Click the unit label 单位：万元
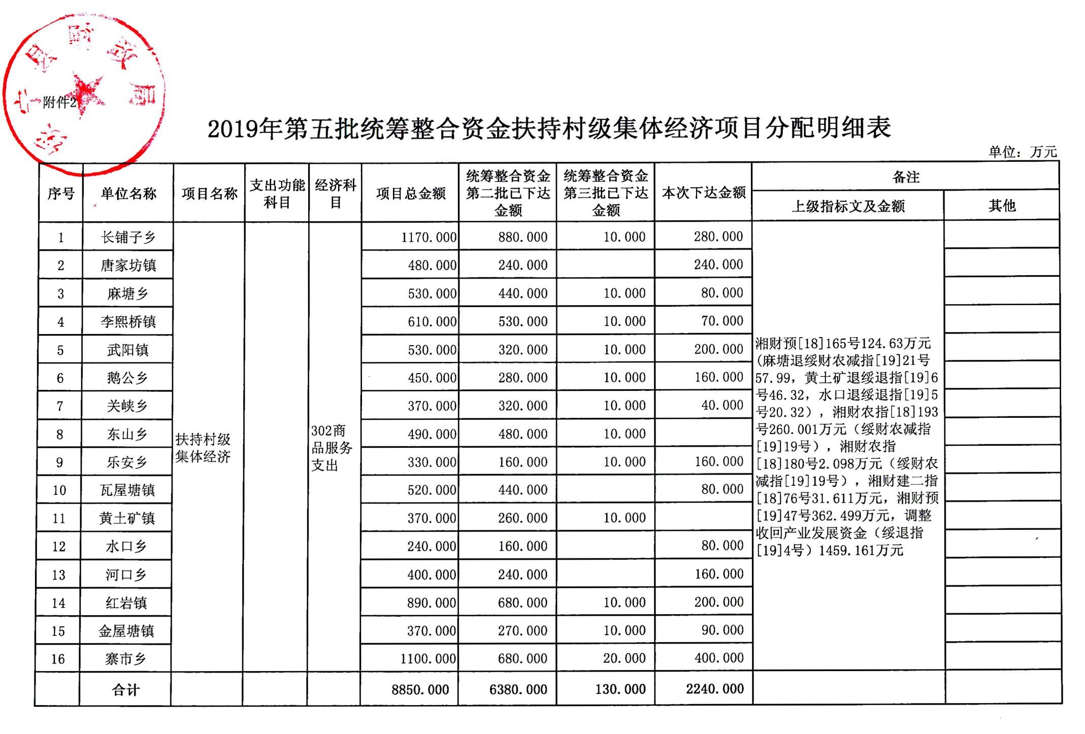click(x=1022, y=152)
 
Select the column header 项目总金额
click(x=410, y=193)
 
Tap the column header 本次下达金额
click(x=703, y=193)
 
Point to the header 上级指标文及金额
click(x=848, y=206)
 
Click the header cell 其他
click(x=1002, y=206)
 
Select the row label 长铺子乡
click(x=128, y=237)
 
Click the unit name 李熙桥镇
click(x=128, y=322)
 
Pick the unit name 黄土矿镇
click(x=127, y=518)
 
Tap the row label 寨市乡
click(x=125, y=659)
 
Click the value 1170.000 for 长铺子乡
click(x=429, y=237)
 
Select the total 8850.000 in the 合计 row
click(x=420, y=689)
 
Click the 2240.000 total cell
click(x=714, y=689)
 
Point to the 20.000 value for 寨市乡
click(x=624, y=658)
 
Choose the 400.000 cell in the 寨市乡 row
click(x=718, y=658)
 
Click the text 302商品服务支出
click(x=332, y=448)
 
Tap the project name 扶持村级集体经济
click(x=203, y=448)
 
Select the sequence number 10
click(x=59, y=490)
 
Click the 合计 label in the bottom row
click(x=125, y=690)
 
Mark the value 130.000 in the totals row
click(x=620, y=689)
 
